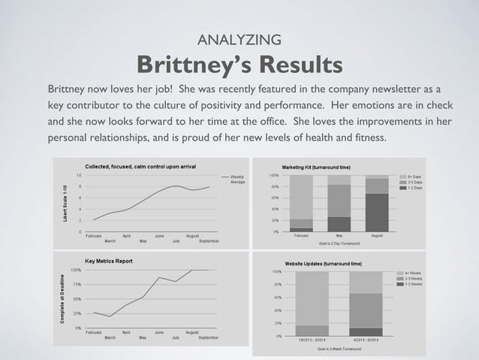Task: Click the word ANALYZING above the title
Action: pyautogui.click(x=239, y=39)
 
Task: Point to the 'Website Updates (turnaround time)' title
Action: pyautogui.click(x=324, y=264)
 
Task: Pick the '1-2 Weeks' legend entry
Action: pyautogui.click(x=412, y=284)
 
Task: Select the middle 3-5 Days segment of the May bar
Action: pyautogui.click(x=339, y=201)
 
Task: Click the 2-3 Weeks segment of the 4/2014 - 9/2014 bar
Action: pyautogui.click(x=366, y=310)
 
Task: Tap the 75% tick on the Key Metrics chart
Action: pyautogui.click(x=77, y=284)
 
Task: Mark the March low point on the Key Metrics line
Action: pyautogui.click(x=110, y=316)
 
